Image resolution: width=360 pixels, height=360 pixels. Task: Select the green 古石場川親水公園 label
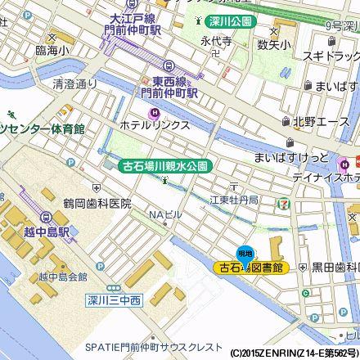pos(167,165)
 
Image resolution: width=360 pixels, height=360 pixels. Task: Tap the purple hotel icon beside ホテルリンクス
pos(151,113)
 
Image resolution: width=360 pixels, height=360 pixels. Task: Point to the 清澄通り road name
pos(74,83)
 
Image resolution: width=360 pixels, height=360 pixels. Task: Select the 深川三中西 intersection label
pos(114,301)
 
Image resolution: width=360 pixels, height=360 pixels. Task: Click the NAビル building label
pos(164,214)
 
